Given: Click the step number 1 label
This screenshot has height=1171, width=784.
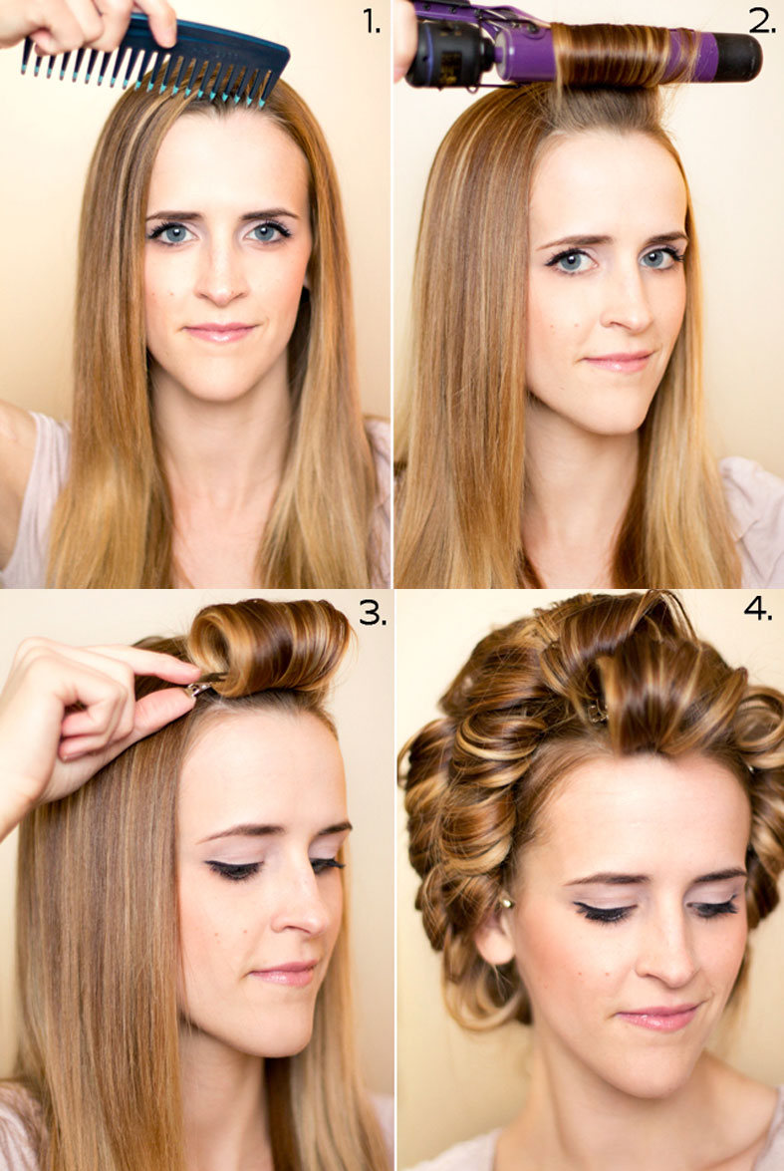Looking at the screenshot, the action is tap(372, 22).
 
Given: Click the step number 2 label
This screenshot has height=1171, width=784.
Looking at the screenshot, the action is tap(762, 22).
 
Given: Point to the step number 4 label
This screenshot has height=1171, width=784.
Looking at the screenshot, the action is tap(758, 609).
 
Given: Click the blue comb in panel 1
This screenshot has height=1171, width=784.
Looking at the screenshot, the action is tap(156, 60).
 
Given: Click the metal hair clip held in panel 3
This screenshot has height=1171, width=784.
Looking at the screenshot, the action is tap(200, 687).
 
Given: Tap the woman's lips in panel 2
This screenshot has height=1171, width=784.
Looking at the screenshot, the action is tap(620, 362).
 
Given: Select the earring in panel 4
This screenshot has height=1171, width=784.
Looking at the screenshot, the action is tap(505, 903).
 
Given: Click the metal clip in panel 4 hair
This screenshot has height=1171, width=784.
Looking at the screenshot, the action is tap(598, 712).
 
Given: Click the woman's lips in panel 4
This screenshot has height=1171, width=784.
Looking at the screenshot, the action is tap(659, 1017).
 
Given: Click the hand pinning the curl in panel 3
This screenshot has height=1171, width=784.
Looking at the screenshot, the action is tap(82, 717).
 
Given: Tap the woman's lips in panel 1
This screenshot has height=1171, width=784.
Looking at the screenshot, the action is tap(221, 332).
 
